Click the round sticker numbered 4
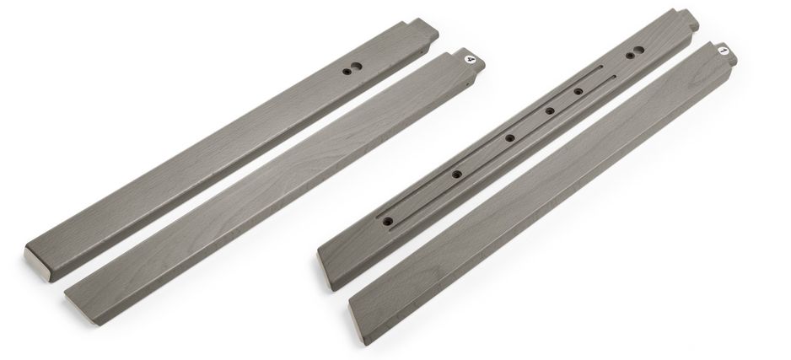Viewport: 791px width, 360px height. click(471, 60)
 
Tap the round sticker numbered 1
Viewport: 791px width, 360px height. click(723, 51)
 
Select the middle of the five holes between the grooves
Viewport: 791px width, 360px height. click(510, 137)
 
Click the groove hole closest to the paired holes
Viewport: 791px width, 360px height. click(578, 91)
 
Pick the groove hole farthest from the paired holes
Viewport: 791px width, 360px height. click(387, 222)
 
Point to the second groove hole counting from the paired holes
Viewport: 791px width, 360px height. click(550, 111)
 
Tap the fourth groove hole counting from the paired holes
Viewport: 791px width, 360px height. click(456, 175)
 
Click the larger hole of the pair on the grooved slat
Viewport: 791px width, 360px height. click(638, 51)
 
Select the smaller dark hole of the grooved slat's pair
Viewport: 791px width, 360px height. click(630, 56)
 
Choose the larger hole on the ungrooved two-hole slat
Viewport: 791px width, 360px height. click(356, 67)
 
